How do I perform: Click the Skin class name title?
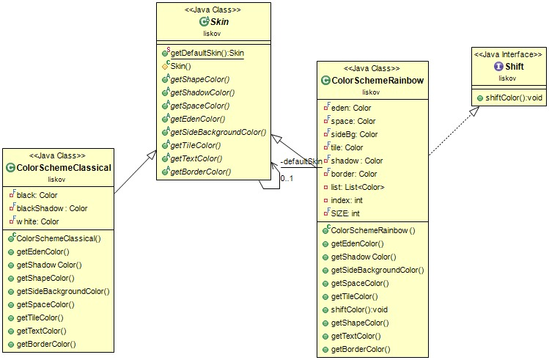click(x=219, y=22)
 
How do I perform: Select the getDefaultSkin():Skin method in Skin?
click(x=207, y=53)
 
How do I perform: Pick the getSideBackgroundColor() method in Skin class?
click(x=218, y=132)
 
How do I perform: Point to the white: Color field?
click(x=37, y=221)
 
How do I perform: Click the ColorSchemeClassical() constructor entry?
click(x=58, y=238)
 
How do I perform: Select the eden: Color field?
click(x=351, y=108)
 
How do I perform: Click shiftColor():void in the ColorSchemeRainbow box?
click(x=364, y=309)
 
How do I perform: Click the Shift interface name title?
click(x=513, y=66)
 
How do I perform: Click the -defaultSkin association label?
click(x=301, y=161)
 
